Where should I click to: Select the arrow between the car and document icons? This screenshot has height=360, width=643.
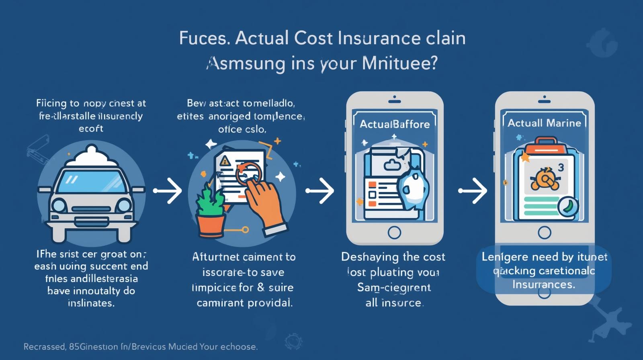168,190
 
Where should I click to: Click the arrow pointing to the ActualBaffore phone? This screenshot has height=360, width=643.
320,190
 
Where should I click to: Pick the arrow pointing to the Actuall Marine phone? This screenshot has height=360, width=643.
473,190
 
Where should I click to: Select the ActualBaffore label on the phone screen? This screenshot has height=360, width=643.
395,124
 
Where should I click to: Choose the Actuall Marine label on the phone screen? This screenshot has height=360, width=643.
544,123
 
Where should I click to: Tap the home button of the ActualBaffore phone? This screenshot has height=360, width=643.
394,232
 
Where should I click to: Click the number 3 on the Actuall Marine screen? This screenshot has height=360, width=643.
561,168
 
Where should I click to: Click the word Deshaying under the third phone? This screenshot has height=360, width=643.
367,257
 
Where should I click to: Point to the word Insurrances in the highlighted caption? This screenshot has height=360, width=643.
544,284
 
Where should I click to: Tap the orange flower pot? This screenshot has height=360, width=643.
210,226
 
